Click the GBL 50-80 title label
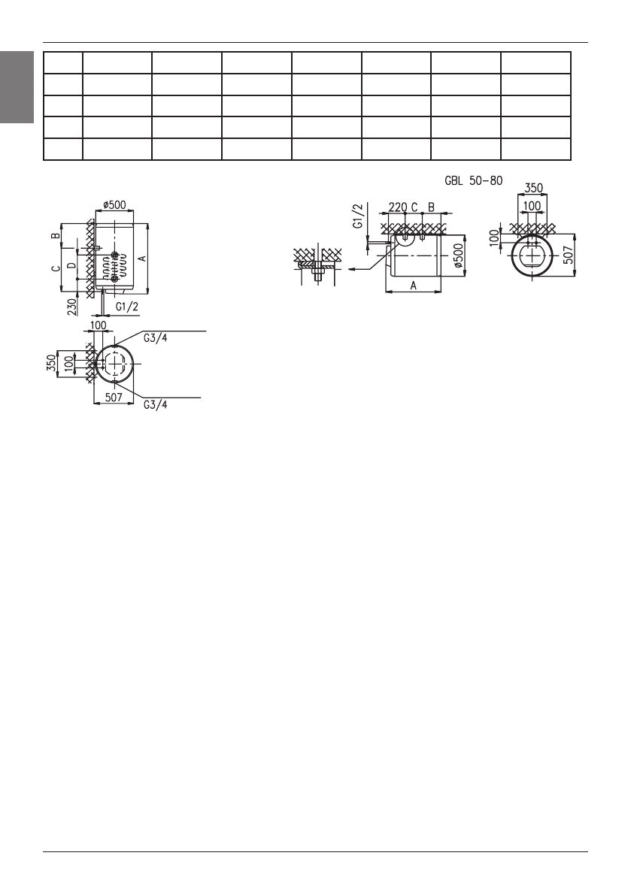(x=473, y=180)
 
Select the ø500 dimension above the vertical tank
(x=115, y=204)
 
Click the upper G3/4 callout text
(x=156, y=337)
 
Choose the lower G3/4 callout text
(x=156, y=404)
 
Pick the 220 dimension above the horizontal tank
(x=397, y=206)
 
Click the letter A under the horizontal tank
(x=414, y=286)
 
